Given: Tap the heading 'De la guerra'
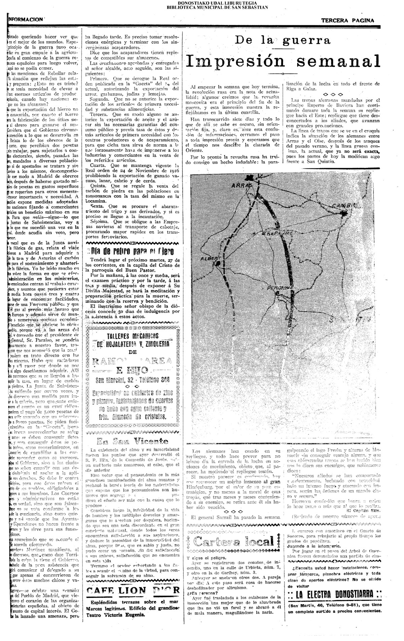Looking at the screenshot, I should [x=283, y=41].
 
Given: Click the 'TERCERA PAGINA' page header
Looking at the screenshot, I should [x=347, y=20].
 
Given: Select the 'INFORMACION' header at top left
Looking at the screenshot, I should [x=25, y=20].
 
